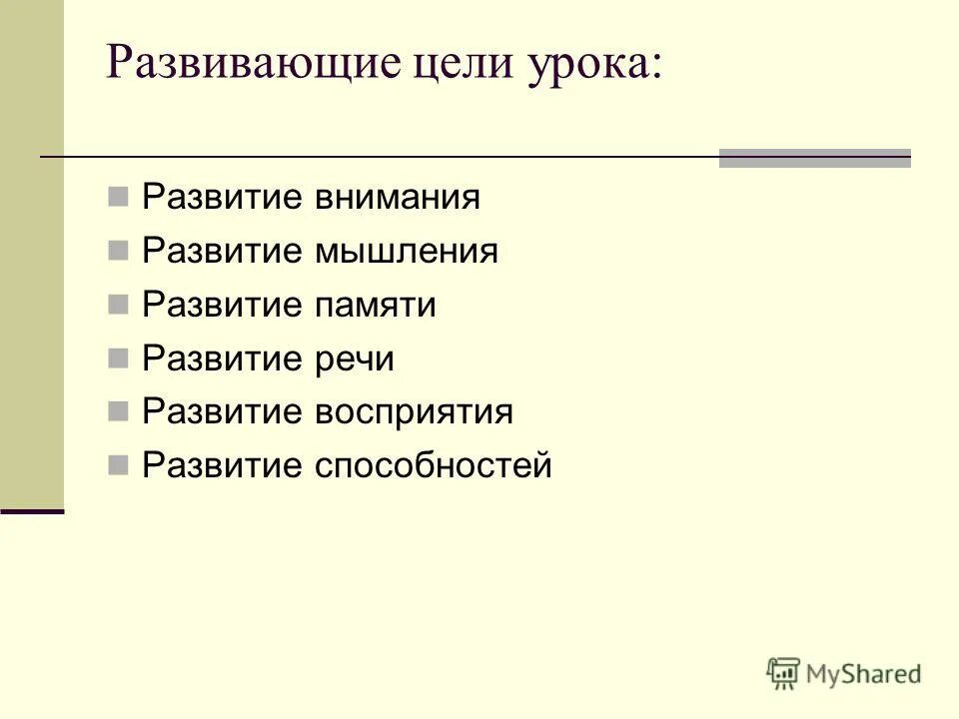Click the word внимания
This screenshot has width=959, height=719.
click(398, 197)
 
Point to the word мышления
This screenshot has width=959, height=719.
click(406, 251)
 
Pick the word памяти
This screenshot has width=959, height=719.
click(376, 305)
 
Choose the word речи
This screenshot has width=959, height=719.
click(355, 359)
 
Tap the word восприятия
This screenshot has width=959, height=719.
click(414, 412)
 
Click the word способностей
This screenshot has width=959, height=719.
click(433, 466)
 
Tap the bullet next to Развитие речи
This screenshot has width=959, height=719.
click(118, 357)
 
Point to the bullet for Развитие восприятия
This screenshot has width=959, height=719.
click(118, 410)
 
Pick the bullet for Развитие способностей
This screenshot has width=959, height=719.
click(118, 464)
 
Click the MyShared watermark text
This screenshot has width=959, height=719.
click(864, 674)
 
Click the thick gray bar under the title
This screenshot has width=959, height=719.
click(815, 158)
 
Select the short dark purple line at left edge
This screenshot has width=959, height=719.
click(32, 511)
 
